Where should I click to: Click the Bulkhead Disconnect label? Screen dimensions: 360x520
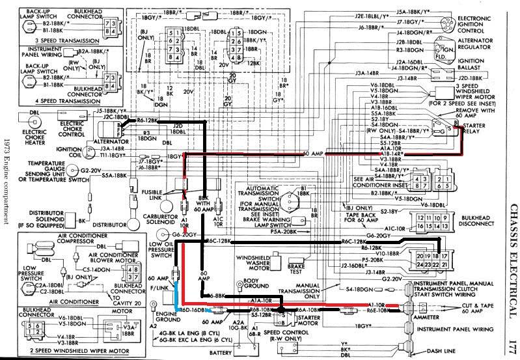coord(484,223)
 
